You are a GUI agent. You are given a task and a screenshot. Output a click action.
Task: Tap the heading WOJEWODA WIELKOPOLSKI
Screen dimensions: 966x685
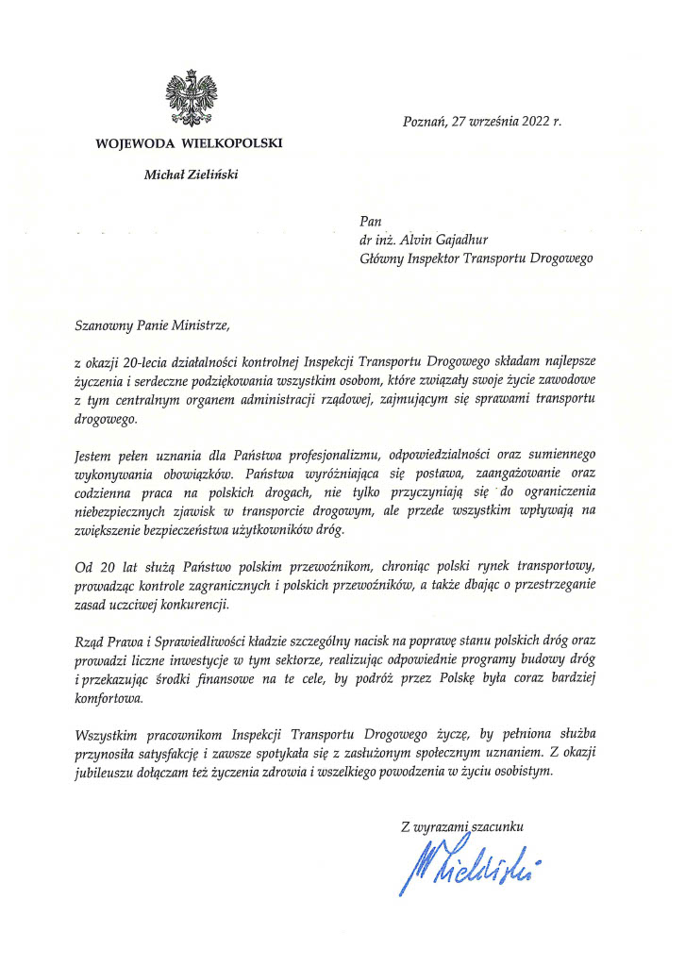(188, 143)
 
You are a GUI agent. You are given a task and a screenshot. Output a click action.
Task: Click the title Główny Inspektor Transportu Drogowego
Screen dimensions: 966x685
(470, 258)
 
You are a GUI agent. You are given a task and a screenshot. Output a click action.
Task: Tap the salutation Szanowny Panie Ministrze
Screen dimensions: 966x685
(152, 325)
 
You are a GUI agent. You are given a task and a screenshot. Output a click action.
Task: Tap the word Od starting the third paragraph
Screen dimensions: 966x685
(83, 567)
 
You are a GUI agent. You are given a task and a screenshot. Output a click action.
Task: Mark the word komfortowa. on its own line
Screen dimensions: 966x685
(109, 698)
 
